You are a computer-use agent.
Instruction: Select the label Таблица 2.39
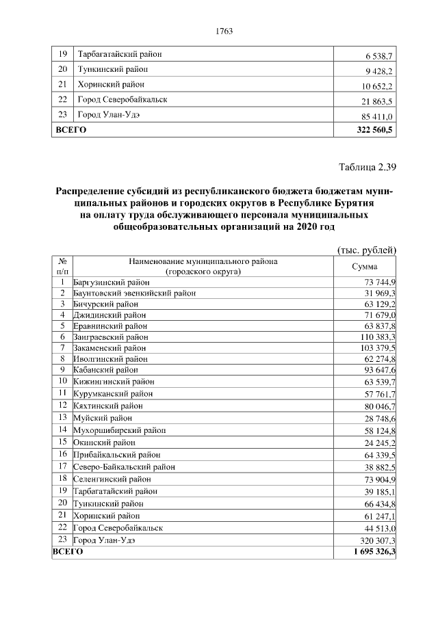click(x=368, y=166)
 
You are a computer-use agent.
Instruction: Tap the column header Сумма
click(x=364, y=267)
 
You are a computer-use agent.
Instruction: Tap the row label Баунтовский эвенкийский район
click(x=134, y=293)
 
